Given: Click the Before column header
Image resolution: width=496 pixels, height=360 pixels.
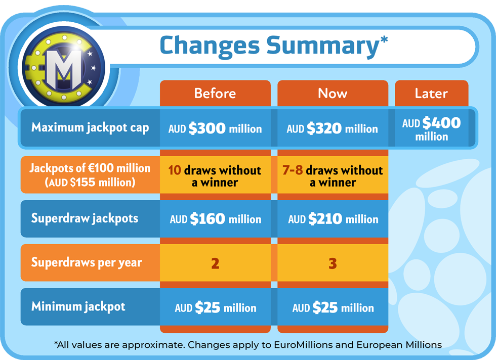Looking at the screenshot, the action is [x=215, y=94].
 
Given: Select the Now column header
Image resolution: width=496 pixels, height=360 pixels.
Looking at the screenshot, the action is [x=333, y=94].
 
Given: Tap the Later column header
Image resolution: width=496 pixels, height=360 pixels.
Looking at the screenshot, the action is [x=431, y=94].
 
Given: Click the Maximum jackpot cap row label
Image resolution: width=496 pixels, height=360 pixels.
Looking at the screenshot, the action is [x=90, y=128].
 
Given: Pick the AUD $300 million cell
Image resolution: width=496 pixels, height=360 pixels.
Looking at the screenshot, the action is [x=215, y=128].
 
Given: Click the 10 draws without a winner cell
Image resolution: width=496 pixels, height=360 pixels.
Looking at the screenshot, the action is [x=215, y=176].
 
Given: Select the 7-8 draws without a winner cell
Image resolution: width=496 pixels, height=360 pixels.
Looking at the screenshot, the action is [x=333, y=176].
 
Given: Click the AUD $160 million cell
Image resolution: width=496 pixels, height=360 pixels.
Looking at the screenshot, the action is [x=216, y=219].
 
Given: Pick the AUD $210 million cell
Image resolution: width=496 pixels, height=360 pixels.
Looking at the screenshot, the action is [x=333, y=219].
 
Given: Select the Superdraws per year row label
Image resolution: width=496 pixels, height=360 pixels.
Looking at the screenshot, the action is [x=87, y=262].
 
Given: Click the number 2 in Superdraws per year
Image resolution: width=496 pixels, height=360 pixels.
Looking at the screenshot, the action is [x=215, y=263].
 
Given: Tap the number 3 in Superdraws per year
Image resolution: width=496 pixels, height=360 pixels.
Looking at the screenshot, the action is [x=333, y=263].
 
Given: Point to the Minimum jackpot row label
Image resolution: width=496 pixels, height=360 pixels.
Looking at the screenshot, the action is [x=78, y=306].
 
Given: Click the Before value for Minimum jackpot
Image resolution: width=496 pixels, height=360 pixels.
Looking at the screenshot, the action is [x=216, y=307].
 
